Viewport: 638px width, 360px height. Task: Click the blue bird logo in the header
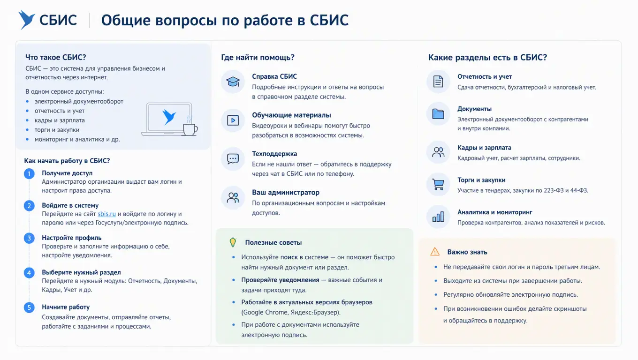point(26,20)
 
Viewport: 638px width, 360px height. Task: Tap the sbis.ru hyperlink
point(106,214)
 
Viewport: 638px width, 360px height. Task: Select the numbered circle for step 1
point(29,173)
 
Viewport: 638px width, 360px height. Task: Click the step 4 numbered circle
point(29,273)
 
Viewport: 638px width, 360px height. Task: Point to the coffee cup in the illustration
point(190,128)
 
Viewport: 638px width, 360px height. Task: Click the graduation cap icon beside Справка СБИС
point(233,82)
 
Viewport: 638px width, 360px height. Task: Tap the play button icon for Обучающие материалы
point(233,120)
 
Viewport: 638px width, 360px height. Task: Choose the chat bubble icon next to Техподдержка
point(233,159)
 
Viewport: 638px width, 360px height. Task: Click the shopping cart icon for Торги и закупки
point(438,184)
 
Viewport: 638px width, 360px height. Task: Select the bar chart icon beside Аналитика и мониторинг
point(438,217)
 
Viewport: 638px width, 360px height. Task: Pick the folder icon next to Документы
point(438,114)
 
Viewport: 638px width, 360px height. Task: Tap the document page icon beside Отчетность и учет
point(438,82)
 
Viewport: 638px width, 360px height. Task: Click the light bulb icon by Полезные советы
point(233,242)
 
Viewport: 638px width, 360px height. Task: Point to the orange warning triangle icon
point(435,252)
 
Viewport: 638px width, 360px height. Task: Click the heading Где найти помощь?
point(258,57)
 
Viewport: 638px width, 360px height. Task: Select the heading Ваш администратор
point(286,192)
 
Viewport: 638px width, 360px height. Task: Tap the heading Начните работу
point(66,307)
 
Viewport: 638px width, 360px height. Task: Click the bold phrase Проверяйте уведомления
point(280,280)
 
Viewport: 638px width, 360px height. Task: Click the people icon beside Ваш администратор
point(233,197)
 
